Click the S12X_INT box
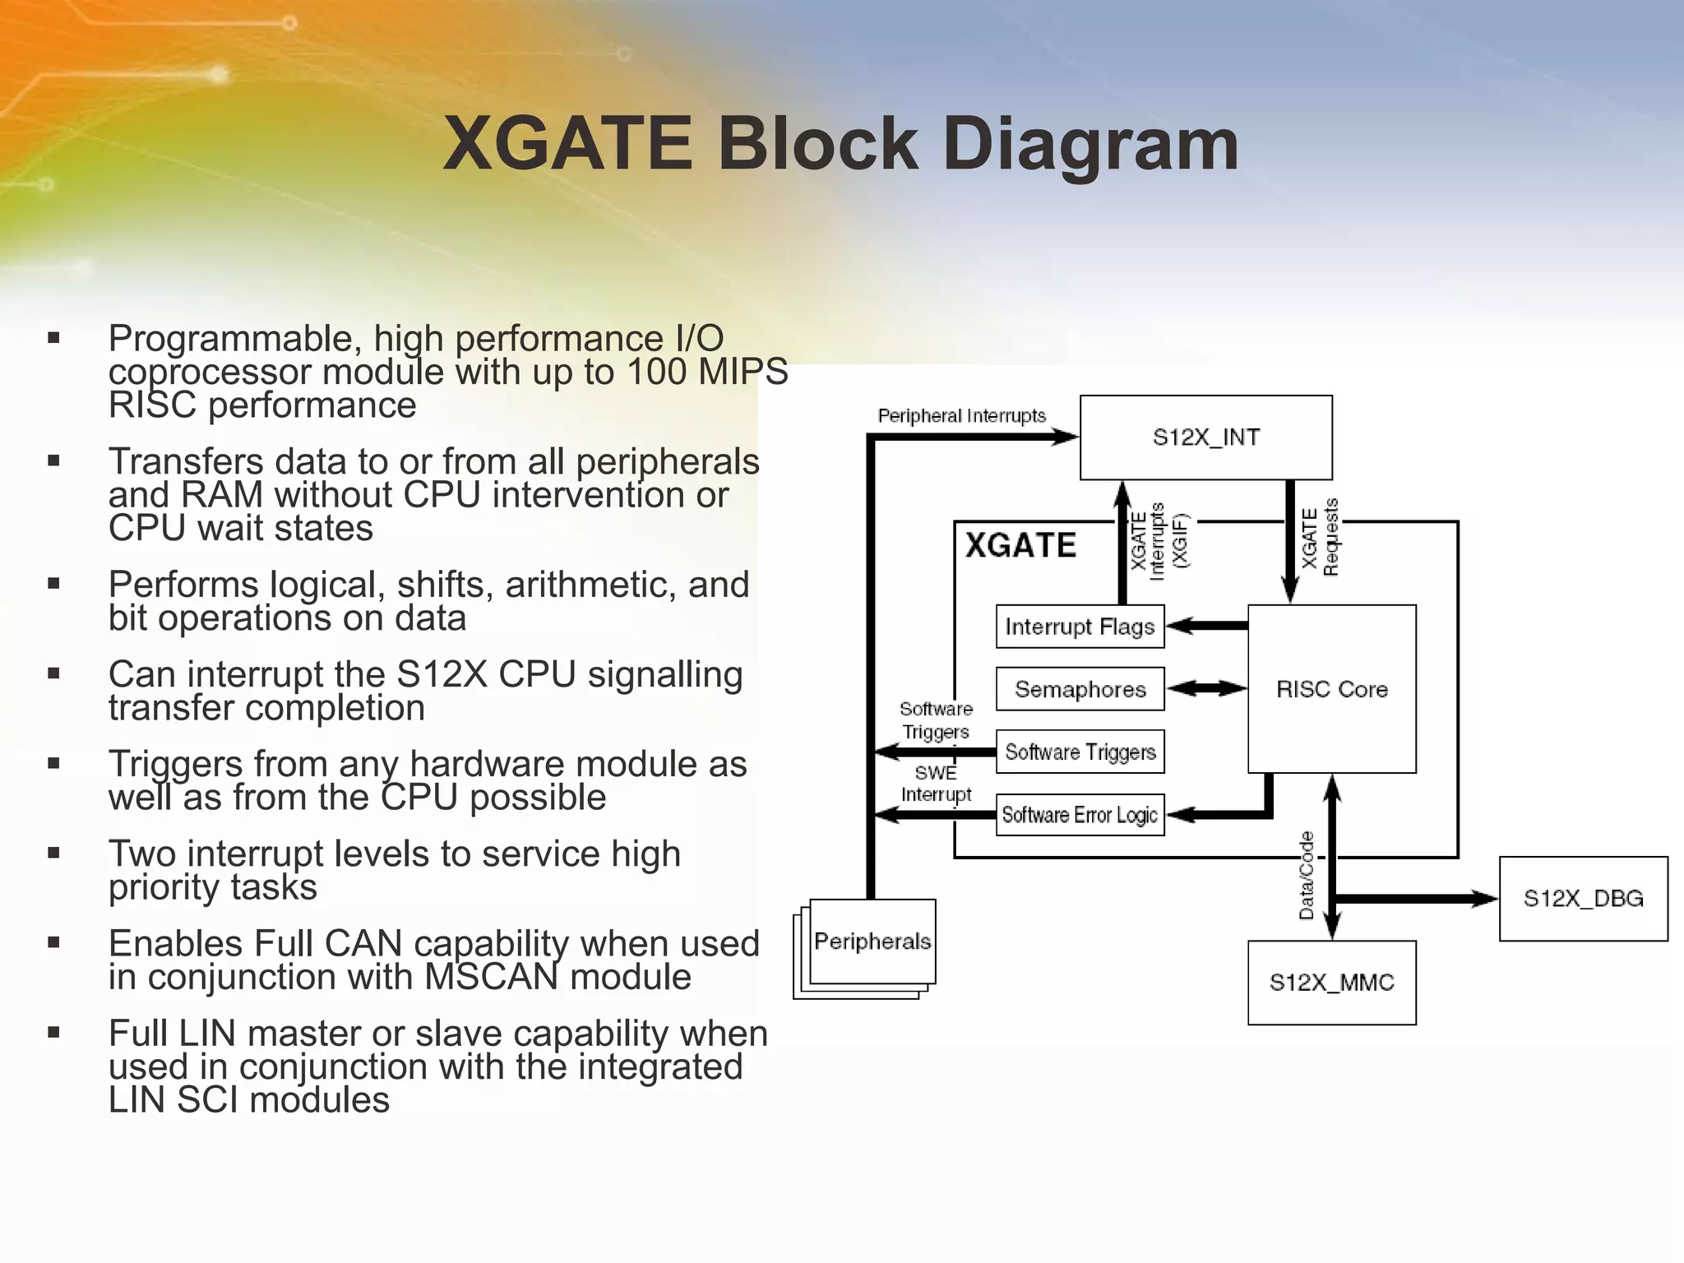1205,437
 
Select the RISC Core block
1331,689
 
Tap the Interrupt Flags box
1080,627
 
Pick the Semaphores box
1080,689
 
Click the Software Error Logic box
1080,815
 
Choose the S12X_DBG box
1583,898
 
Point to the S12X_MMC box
1331,983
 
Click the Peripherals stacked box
872,941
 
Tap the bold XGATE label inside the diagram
1020,545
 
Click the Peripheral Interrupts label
961,416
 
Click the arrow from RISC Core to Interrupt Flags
1206,627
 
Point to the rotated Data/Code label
1307,875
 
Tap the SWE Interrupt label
936,784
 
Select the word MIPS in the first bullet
743,372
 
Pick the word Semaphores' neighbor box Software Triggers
1080,752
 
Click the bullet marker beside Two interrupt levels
54,854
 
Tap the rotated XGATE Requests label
1321,538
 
